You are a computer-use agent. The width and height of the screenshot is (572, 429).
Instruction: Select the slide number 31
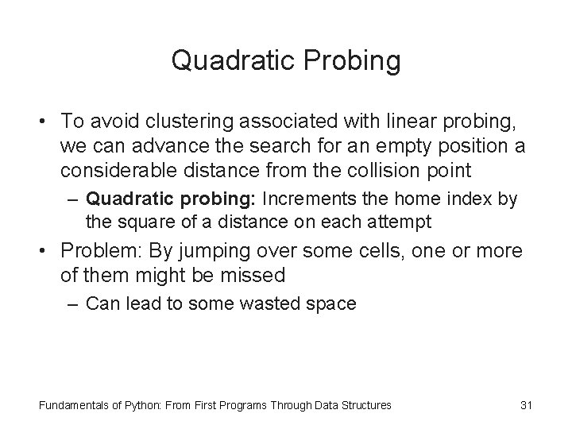[x=525, y=405]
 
